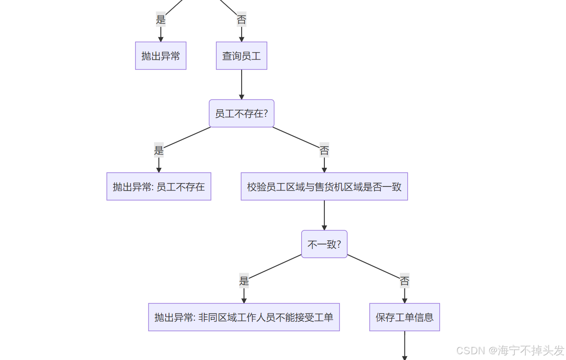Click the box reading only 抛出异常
[x=161, y=56]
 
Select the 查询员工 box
[x=242, y=56]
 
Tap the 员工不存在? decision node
[x=242, y=113]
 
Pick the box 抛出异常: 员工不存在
[x=159, y=186]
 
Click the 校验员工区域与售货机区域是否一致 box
[x=324, y=186]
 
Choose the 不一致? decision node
[x=324, y=244]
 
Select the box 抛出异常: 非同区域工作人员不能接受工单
[x=244, y=317]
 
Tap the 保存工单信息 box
[x=404, y=317]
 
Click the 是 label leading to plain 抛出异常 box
[x=161, y=19]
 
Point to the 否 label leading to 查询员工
[x=242, y=19]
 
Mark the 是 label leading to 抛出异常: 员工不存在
[x=159, y=150]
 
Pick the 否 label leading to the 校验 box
[x=324, y=150]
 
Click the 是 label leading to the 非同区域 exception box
[x=244, y=281]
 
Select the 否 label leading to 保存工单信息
[x=405, y=281]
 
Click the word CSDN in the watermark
[x=470, y=350]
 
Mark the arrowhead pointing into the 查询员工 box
[x=242, y=39]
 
